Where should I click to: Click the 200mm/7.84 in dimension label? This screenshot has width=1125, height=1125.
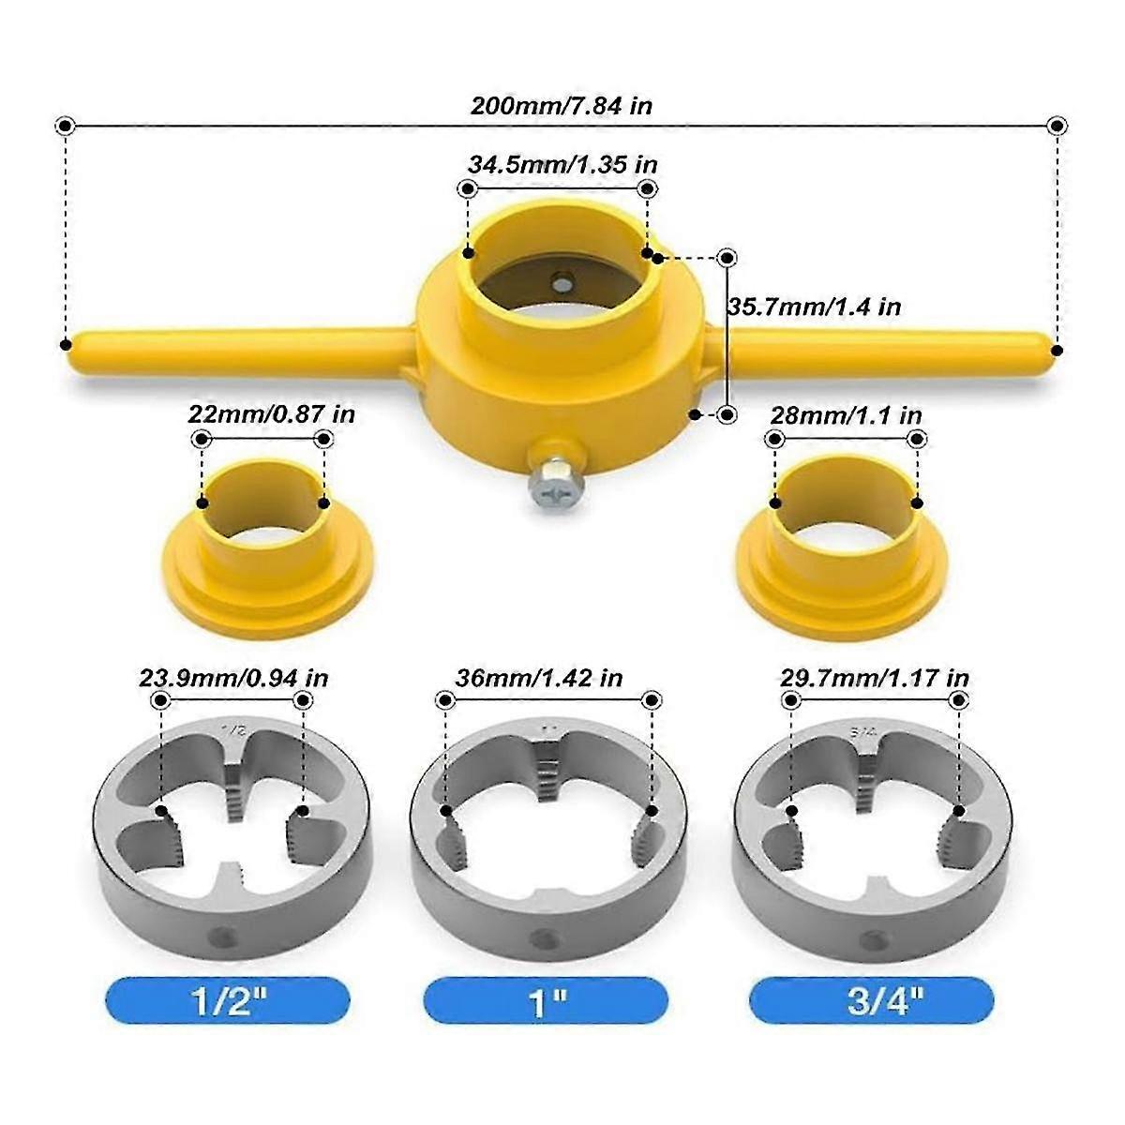click(x=561, y=105)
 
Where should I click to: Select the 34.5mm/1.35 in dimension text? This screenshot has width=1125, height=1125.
click(x=562, y=164)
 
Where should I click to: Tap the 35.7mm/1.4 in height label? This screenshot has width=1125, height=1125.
click(x=815, y=307)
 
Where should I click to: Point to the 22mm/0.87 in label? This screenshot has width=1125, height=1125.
click(x=272, y=413)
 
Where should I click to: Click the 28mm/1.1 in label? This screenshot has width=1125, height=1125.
click(x=846, y=414)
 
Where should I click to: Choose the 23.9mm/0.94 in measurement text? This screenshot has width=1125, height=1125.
click(x=233, y=677)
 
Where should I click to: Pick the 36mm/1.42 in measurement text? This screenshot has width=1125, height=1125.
click(x=539, y=677)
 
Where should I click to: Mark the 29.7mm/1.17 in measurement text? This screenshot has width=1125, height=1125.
click(x=875, y=677)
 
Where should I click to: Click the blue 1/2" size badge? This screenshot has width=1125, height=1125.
click(x=228, y=999)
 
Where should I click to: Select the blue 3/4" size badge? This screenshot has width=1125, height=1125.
click(x=872, y=999)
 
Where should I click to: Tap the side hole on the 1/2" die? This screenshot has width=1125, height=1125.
click(x=222, y=936)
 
